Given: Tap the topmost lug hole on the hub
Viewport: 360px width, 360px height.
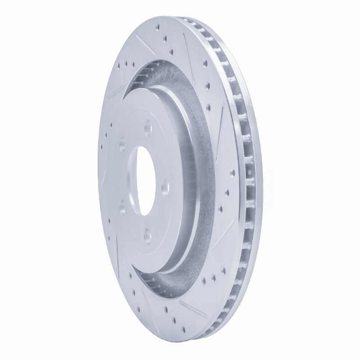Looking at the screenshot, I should pos(147,129).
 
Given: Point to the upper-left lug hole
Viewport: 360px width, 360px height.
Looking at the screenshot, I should pos(122,145).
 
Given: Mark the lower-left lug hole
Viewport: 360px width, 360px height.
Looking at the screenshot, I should pos(122,207).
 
